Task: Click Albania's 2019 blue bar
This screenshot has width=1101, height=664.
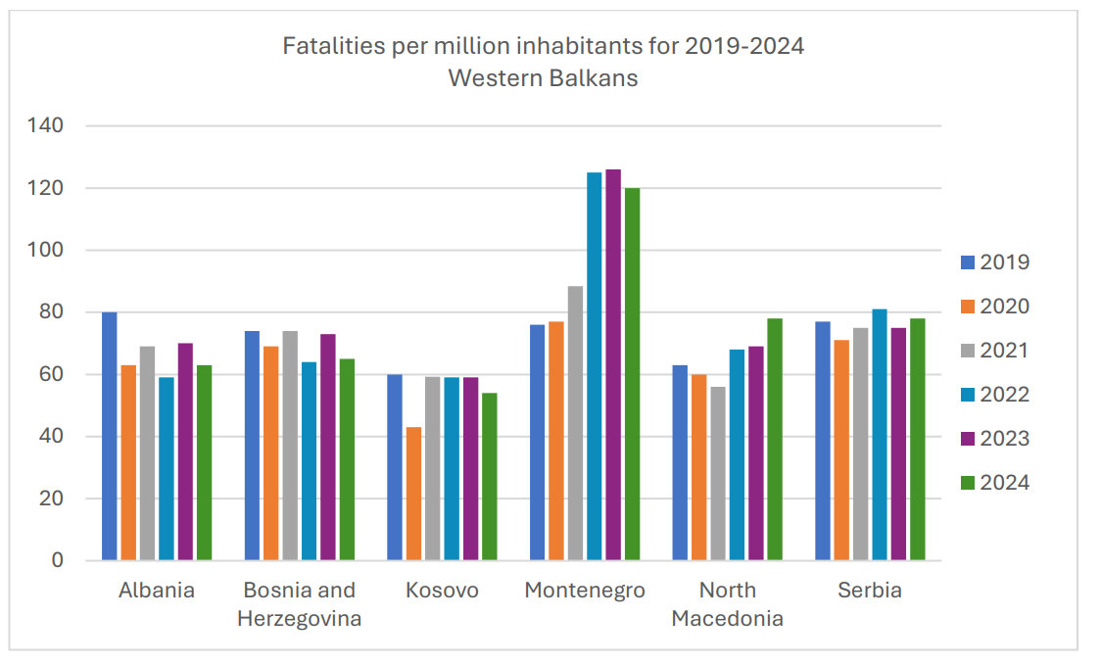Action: (110, 437)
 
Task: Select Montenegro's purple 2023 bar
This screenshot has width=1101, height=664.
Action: (613, 365)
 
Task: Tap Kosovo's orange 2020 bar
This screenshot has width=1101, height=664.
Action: (413, 494)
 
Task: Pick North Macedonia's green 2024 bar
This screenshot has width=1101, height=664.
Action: (775, 440)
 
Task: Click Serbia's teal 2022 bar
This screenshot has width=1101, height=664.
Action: (880, 435)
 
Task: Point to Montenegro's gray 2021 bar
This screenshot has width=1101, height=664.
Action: (575, 423)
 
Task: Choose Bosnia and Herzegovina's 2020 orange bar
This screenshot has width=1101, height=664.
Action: (270, 453)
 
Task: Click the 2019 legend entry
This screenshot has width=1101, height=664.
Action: (994, 262)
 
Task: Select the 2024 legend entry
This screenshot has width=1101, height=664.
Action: (994, 483)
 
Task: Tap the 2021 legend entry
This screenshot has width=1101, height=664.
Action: (994, 351)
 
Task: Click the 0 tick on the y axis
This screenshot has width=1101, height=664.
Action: (57, 561)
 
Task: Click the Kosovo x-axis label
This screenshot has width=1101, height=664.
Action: (443, 591)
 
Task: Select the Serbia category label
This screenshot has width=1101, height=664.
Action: (870, 591)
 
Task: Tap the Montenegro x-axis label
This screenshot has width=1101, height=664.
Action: (585, 591)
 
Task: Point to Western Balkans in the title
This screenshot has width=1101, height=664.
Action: (543, 78)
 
